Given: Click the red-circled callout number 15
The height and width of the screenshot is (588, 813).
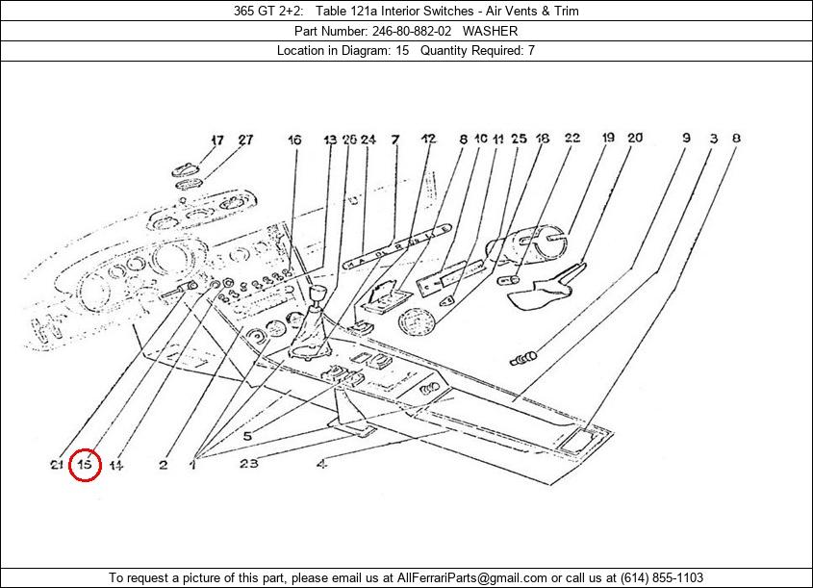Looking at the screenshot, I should [85, 465].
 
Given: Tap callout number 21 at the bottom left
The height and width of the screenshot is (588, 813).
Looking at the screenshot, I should [56, 465].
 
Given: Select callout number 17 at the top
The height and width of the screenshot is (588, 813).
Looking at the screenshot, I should [216, 140].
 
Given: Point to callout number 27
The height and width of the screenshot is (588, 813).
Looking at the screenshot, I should [245, 140].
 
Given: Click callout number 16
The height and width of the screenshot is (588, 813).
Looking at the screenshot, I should [294, 140].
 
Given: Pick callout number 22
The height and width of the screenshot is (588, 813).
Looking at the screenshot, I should [572, 139].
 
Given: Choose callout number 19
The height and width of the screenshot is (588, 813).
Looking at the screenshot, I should [608, 138].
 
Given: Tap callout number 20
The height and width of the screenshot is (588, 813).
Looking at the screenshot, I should [635, 138].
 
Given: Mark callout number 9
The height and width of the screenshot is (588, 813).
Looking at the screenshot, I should [686, 138].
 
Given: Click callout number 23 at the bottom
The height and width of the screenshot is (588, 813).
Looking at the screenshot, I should [249, 464].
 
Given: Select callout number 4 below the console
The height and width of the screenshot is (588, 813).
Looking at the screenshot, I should [321, 464].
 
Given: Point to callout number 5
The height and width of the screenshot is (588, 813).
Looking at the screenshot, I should [247, 436].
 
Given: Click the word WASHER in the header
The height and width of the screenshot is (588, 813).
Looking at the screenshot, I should [490, 31].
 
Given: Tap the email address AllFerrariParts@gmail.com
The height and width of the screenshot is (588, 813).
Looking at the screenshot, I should [466, 577].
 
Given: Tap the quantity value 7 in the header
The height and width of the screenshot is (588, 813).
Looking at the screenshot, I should [531, 50].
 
